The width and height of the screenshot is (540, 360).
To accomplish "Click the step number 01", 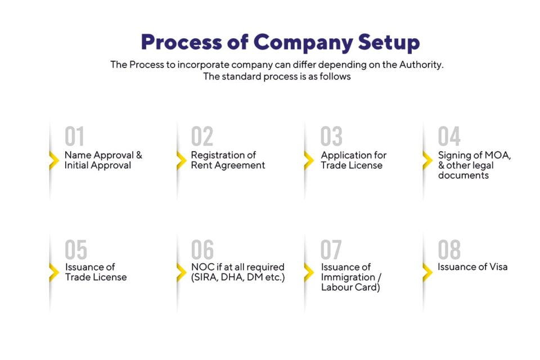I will (74, 137).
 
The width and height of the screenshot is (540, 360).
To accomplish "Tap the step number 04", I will (449, 137).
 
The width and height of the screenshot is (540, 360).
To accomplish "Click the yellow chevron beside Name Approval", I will (54, 160).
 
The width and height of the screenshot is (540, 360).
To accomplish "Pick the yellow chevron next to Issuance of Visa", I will (427, 273).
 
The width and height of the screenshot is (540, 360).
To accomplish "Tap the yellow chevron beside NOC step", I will (181, 273).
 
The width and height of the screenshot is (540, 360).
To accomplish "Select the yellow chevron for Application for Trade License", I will (308, 160).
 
